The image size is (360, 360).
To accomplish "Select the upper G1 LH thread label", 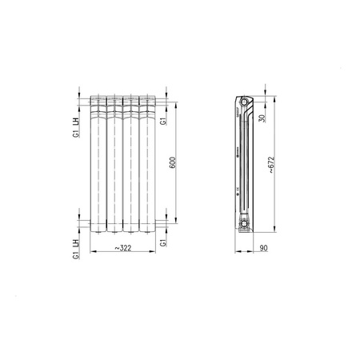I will click(x=74, y=128).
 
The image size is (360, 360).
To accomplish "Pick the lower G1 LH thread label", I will click(x=74, y=249).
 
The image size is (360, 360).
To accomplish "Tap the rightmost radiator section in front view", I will click(x=146, y=164).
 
